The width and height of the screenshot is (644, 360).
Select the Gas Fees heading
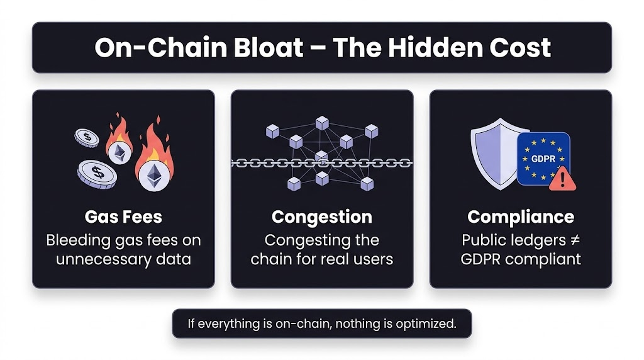click(123, 217)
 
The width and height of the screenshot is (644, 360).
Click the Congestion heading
click(321, 217)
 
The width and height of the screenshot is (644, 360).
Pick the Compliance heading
click(520, 217)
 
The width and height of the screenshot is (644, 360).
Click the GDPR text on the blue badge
click(543, 159)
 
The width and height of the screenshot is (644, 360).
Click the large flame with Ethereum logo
click(152, 164)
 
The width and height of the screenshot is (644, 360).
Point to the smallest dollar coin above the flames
click(87, 137)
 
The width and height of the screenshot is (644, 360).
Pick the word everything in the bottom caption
click(225, 324)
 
